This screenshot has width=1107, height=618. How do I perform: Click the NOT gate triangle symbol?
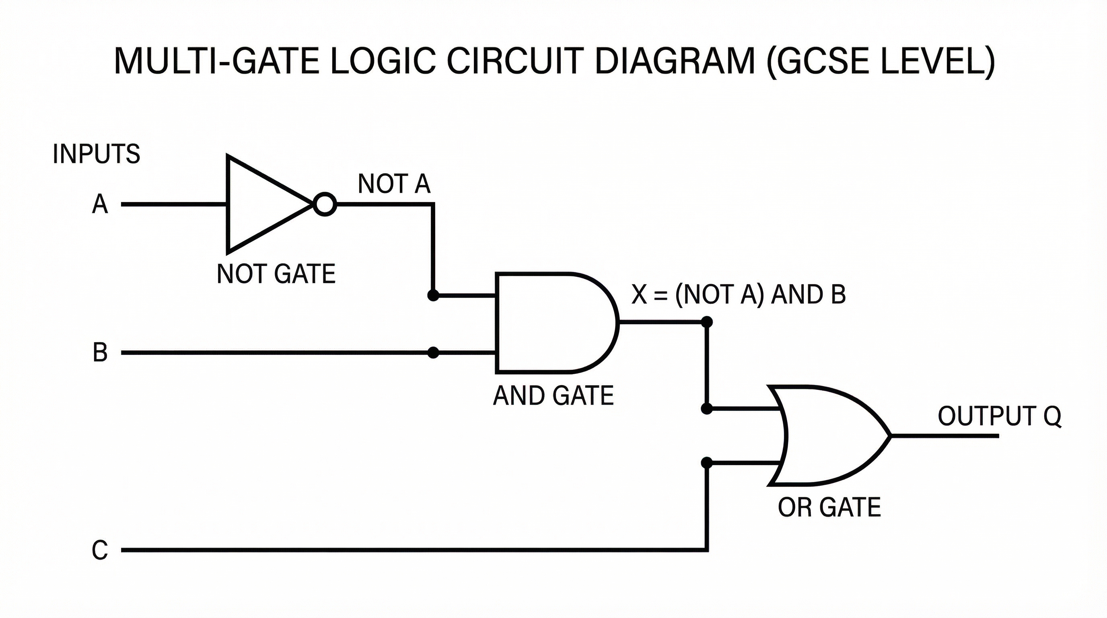coord(262,204)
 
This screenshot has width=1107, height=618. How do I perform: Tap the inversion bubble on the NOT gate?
coord(325,204)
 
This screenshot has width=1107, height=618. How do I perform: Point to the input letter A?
coord(100,204)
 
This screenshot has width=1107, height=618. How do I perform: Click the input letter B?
coord(100,352)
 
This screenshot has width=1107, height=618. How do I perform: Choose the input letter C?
coord(100,550)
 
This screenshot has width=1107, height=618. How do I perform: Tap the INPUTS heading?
coord(96,154)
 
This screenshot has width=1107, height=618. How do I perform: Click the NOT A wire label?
coord(394,184)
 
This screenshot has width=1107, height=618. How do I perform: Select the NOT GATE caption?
coord(276,274)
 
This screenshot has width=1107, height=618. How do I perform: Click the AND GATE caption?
coord(553,396)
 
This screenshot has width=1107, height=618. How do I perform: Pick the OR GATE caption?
coord(829,507)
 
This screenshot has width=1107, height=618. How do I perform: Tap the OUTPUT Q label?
coord(999,416)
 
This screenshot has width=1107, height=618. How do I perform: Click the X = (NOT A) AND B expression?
coord(738,295)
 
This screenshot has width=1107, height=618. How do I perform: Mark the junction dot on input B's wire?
coord(433,352)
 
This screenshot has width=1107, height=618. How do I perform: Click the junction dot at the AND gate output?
coord(706,321)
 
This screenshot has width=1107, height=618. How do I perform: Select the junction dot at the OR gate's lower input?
coord(706,463)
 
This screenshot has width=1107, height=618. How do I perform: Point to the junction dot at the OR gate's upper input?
coord(706,408)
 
